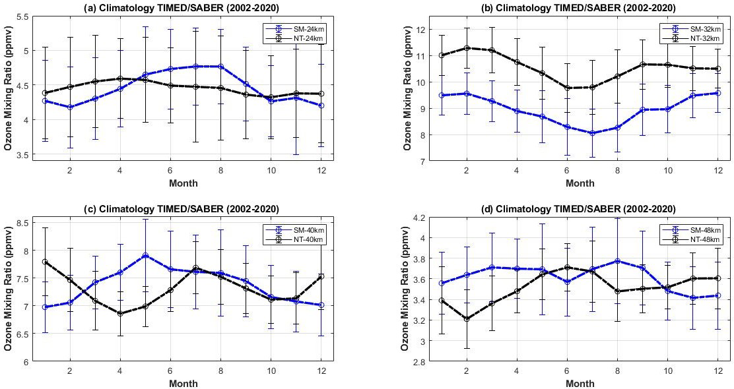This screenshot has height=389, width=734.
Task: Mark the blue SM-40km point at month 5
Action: pos(145,255)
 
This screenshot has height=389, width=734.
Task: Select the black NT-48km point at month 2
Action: pos(467,319)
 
